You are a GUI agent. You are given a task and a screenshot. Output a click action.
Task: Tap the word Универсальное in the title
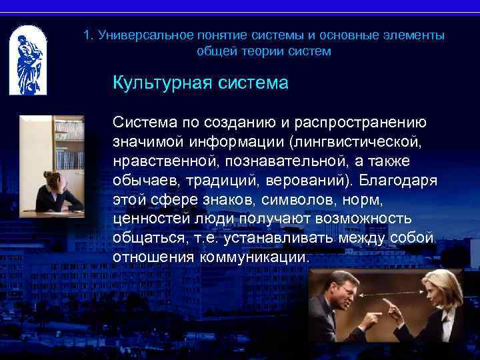tap(138, 35)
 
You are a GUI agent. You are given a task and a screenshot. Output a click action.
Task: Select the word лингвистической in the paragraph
tap(359, 141)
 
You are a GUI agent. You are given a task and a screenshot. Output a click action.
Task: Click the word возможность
tap(373, 218)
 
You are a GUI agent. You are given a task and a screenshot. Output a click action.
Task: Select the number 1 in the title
tap(87, 35)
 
